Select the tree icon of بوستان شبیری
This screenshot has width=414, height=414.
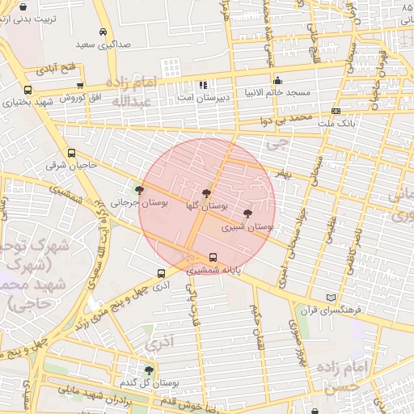coord(247,213)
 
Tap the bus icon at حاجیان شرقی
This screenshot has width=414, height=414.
coord(72,153)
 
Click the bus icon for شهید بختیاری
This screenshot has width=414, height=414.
coord(28,91)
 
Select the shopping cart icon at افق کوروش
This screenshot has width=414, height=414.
coord(80,86)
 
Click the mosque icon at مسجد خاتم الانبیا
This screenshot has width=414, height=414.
coord(277,80)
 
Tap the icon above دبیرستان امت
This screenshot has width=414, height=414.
coord(204,84)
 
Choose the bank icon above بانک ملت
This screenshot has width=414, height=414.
coord(336,112)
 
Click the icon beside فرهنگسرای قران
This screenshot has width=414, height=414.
coord(328,298)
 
